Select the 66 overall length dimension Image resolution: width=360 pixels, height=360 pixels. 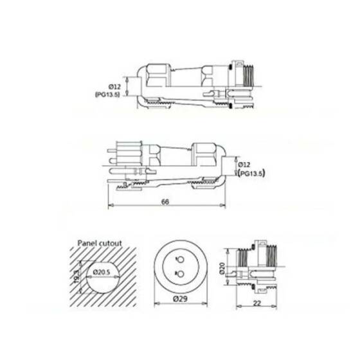coord(165,202)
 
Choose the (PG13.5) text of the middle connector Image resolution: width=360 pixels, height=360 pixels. coord(251,173)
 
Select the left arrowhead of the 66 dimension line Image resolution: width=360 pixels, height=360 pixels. coord(110,207)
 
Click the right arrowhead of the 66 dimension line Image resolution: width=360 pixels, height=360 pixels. coord(224,207)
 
